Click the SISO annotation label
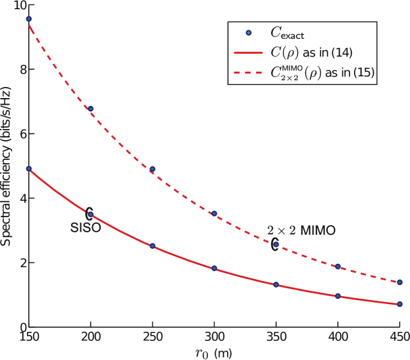coord(86,228)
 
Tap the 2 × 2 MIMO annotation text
coord(301,230)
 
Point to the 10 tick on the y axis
coord(16,5)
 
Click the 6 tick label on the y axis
coord(19,134)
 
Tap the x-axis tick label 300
coord(214,337)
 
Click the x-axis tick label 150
coord(29,337)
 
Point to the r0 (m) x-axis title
coord(214,352)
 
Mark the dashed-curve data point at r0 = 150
coord(29,18)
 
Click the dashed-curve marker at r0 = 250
coord(153,169)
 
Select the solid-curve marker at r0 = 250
coord(153,246)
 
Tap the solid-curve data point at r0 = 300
coord(215,269)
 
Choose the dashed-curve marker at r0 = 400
coord(338,267)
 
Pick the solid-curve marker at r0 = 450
coord(399,304)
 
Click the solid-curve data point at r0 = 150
coord(29,168)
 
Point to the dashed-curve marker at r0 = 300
coord(215,214)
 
